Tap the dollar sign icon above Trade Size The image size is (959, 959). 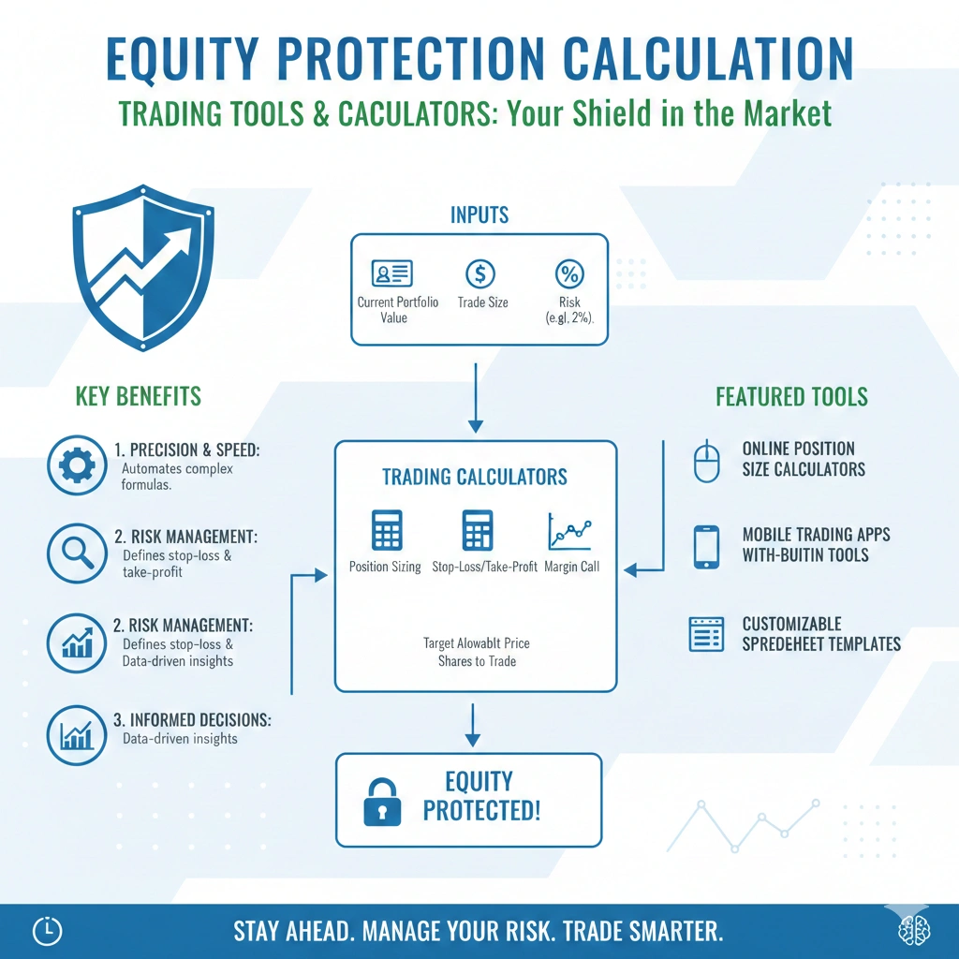[480, 274]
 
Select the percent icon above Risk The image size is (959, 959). [569, 274]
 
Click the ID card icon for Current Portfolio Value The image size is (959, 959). [393, 274]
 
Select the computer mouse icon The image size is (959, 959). [706, 462]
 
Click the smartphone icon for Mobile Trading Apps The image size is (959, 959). [706, 547]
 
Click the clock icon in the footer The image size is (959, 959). [48, 930]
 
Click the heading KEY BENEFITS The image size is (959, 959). [138, 396]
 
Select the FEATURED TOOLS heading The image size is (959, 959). [791, 396]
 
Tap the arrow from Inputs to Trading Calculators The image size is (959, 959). [476, 398]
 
